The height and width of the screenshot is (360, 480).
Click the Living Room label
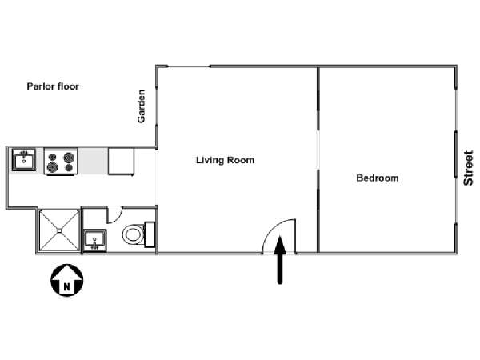225,160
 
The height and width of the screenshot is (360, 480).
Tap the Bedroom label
378,178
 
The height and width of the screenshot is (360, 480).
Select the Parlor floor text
53,86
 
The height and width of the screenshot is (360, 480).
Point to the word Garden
141,106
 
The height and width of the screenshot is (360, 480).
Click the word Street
468,168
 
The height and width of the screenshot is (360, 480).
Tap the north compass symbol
66,280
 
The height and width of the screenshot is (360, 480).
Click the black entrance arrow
280,259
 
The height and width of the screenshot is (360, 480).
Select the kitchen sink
24,159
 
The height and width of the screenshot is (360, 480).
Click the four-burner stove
61,162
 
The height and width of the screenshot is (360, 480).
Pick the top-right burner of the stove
69,158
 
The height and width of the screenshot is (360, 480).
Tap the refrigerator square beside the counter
121,162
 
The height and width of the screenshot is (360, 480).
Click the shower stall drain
59,230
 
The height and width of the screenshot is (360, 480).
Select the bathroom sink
95,240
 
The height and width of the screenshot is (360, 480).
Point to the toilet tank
150,234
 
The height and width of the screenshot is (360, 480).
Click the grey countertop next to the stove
93,162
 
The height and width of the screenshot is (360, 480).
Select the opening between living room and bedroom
318,150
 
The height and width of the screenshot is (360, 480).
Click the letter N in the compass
66,287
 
